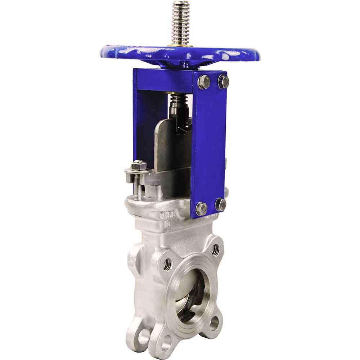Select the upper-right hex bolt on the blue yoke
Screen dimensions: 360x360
coord(224,81)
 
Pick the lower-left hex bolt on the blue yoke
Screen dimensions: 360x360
coord(201,208)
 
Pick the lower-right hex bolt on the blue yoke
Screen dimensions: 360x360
coord(220,204)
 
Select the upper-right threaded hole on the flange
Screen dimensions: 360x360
coord(216,248)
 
